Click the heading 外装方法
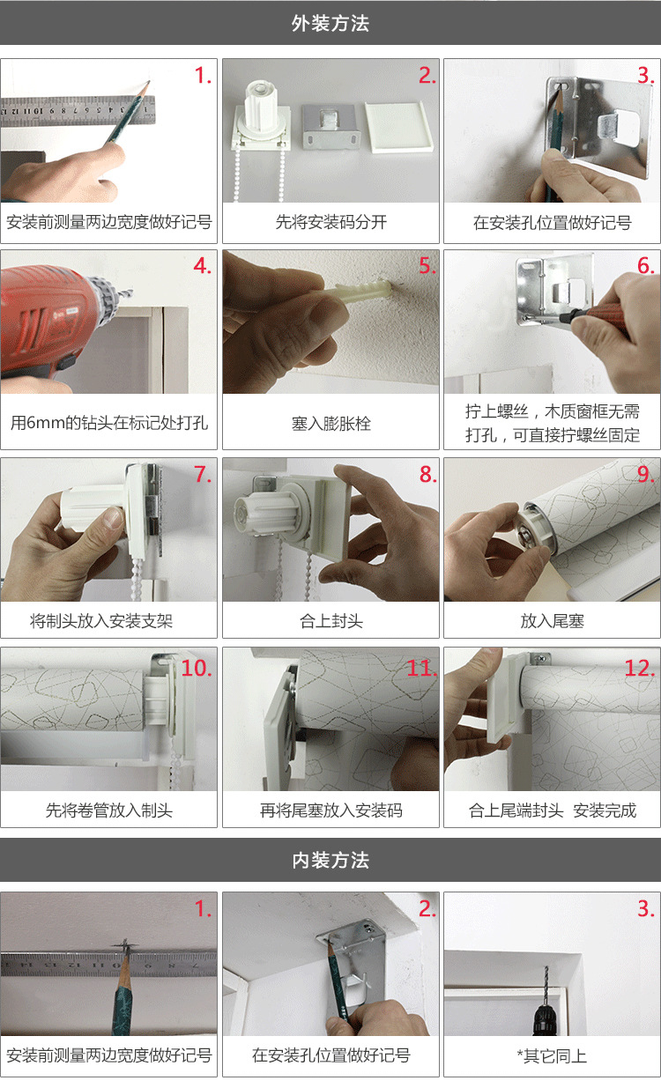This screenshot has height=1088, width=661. (330, 24)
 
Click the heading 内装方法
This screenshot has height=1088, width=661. (330, 861)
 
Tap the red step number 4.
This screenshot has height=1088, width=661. (203, 266)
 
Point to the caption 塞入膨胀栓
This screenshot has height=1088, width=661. (330, 424)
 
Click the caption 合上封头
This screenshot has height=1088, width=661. (330, 621)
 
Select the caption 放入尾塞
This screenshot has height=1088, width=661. (552, 621)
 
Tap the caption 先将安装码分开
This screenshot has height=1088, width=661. (330, 222)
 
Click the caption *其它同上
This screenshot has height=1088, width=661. (552, 1055)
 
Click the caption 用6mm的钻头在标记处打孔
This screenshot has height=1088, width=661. (109, 424)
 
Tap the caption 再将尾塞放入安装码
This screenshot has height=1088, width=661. (330, 810)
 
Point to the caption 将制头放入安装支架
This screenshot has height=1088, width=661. (101, 621)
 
